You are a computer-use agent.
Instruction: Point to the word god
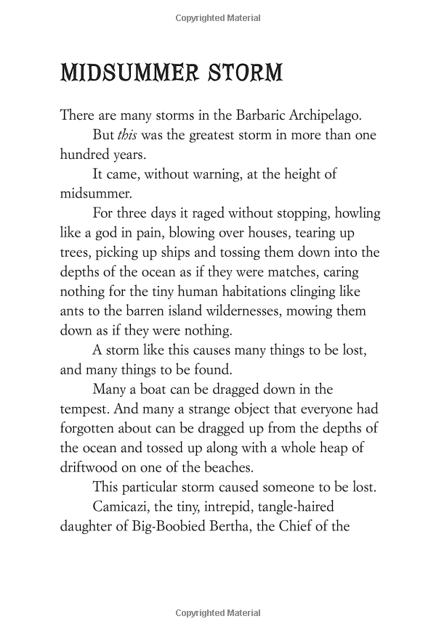[x=103, y=233]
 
